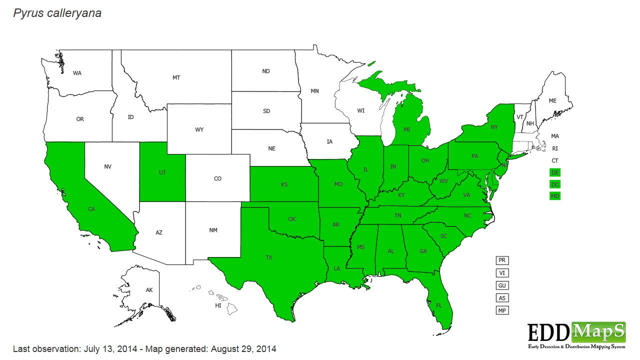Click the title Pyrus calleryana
point(57,13)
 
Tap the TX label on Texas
point(269,257)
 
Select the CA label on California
point(91,209)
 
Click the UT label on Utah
point(162,172)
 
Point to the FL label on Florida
point(439,305)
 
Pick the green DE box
point(554,172)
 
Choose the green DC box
point(554,184)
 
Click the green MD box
point(554,196)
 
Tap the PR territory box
point(502,260)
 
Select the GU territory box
point(502,285)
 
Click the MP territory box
point(502,310)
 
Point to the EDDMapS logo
point(576,335)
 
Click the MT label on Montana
point(176,77)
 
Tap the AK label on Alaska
point(149,290)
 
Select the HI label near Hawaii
point(218,305)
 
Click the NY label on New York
point(494,127)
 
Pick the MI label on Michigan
point(406,129)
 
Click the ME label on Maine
point(552,100)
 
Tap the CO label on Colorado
point(217,178)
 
